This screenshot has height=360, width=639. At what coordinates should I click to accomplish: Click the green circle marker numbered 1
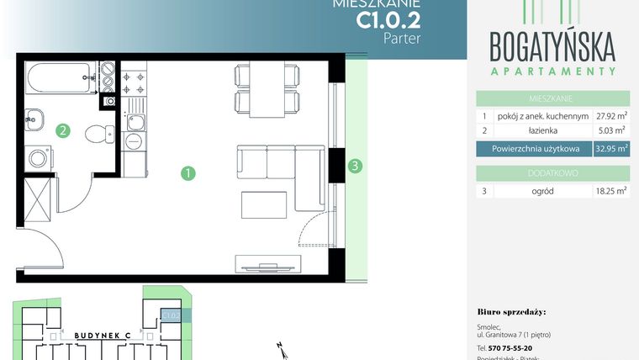[189, 173]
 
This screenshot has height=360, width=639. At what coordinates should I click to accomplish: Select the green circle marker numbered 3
[356, 166]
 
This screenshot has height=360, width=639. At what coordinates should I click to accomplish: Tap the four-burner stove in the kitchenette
[135, 81]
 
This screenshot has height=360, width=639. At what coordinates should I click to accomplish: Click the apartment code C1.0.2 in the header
[389, 19]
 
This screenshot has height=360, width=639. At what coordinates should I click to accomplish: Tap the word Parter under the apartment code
[402, 38]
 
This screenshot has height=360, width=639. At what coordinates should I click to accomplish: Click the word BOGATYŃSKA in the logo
[552, 43]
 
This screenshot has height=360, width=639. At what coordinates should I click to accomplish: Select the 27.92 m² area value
[611, 115]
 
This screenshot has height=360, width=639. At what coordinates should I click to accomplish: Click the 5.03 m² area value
[611, 131]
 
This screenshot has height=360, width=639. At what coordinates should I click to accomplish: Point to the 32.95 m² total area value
[611, 149]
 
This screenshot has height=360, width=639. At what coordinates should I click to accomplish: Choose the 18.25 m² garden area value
[611, 191]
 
